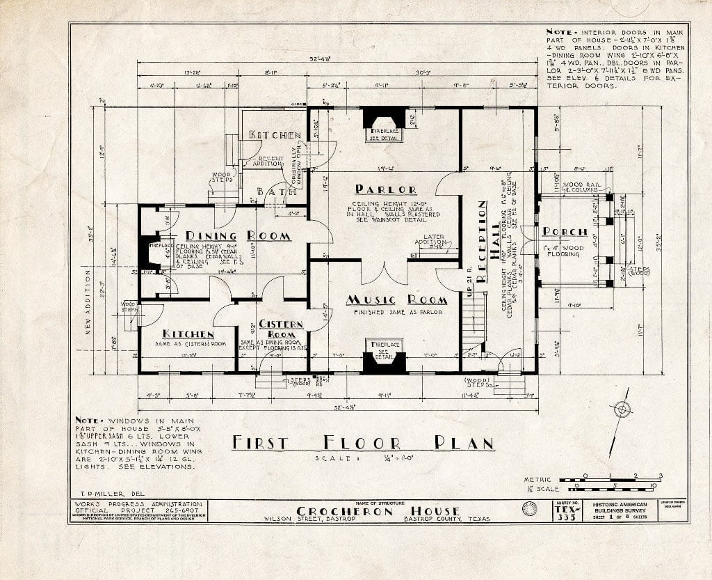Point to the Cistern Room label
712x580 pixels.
(281, 329)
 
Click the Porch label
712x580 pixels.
(565, 232)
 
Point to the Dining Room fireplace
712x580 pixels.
(148, 252)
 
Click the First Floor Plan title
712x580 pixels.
(362, 443)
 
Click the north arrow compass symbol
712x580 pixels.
(620, 410)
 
